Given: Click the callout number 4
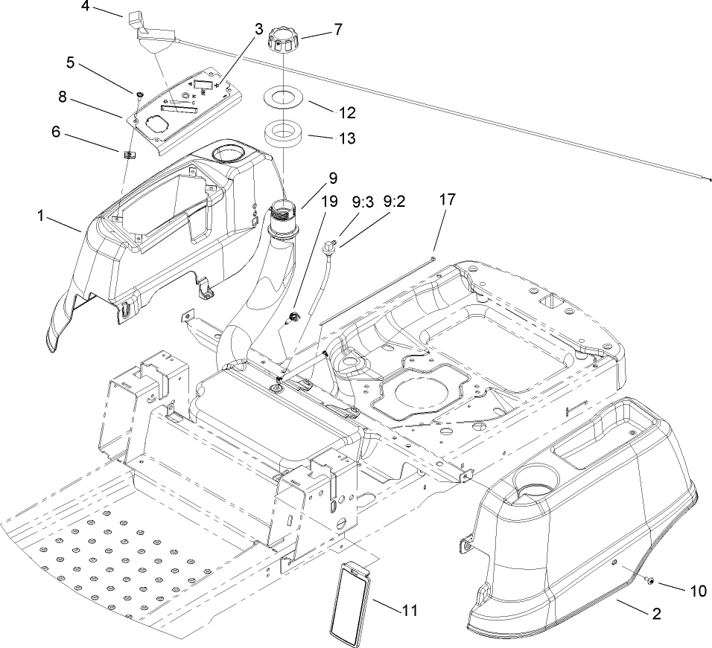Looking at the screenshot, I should [x=85, y=7].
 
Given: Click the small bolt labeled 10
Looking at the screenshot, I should [x=650, y=581].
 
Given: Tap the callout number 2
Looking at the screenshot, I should [x=657, y=615].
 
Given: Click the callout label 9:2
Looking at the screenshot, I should [x=394, y=200].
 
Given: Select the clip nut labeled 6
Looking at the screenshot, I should [x=128, y=155].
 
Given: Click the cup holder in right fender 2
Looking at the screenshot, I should [x=532, y=494].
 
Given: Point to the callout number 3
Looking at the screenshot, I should [x=258, y=29].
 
